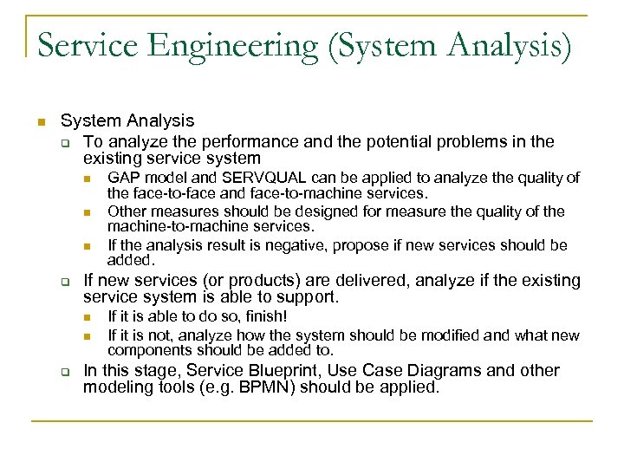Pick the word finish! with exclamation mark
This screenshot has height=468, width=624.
tap(260, 316)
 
